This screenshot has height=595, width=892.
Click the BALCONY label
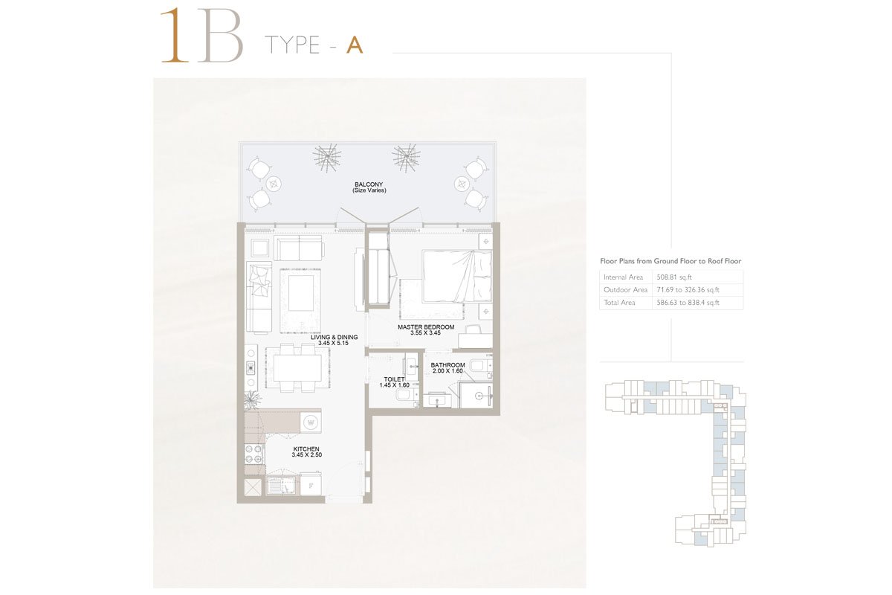pyautogui.click(x=369, y=184)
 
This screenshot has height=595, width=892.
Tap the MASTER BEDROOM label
pyautogui.click(x=426, y=327)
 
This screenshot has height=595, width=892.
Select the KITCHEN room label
pyautogui.click(x=306, y=448)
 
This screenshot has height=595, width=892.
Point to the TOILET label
pyautogui.click(x=394, y=379)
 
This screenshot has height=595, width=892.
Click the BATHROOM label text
pyautogui.click(x=447, y=364)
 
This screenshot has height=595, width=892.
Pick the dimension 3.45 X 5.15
pyautogui.click(x=333, y=343)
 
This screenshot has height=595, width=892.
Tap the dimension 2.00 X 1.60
pyautogui.click(x=447, y=370)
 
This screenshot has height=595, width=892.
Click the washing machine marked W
pyautogui.click(x=311, y=422)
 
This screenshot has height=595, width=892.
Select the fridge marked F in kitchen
pyautogui.click(x=311, y=484)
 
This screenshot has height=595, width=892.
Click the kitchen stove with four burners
pyautogui.click(x=254, y=454)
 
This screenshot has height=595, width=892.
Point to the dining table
pyautogui.click(x=297, y=367)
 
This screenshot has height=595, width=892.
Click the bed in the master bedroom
pyautogui.click(x=456, y=276)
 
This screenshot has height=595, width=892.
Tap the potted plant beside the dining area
pyautogui.click(x=252, y=399)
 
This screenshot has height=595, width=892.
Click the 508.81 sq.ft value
pyautogui.click(x=674, y=277)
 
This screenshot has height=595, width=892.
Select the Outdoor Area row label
pyautogui.click(x=626, y=290)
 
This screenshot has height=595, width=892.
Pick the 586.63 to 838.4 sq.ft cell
pyautogui.click(x=688, y=303)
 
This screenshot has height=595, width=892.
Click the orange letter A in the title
pyautogui.click(x=355, y=45)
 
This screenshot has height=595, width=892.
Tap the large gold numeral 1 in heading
pyautogui.click(x=175, y=36)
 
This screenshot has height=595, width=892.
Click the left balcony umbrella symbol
pyautogui.click(x=326, y=158)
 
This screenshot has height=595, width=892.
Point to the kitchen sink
pyautogui.click(x=281, y=486)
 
